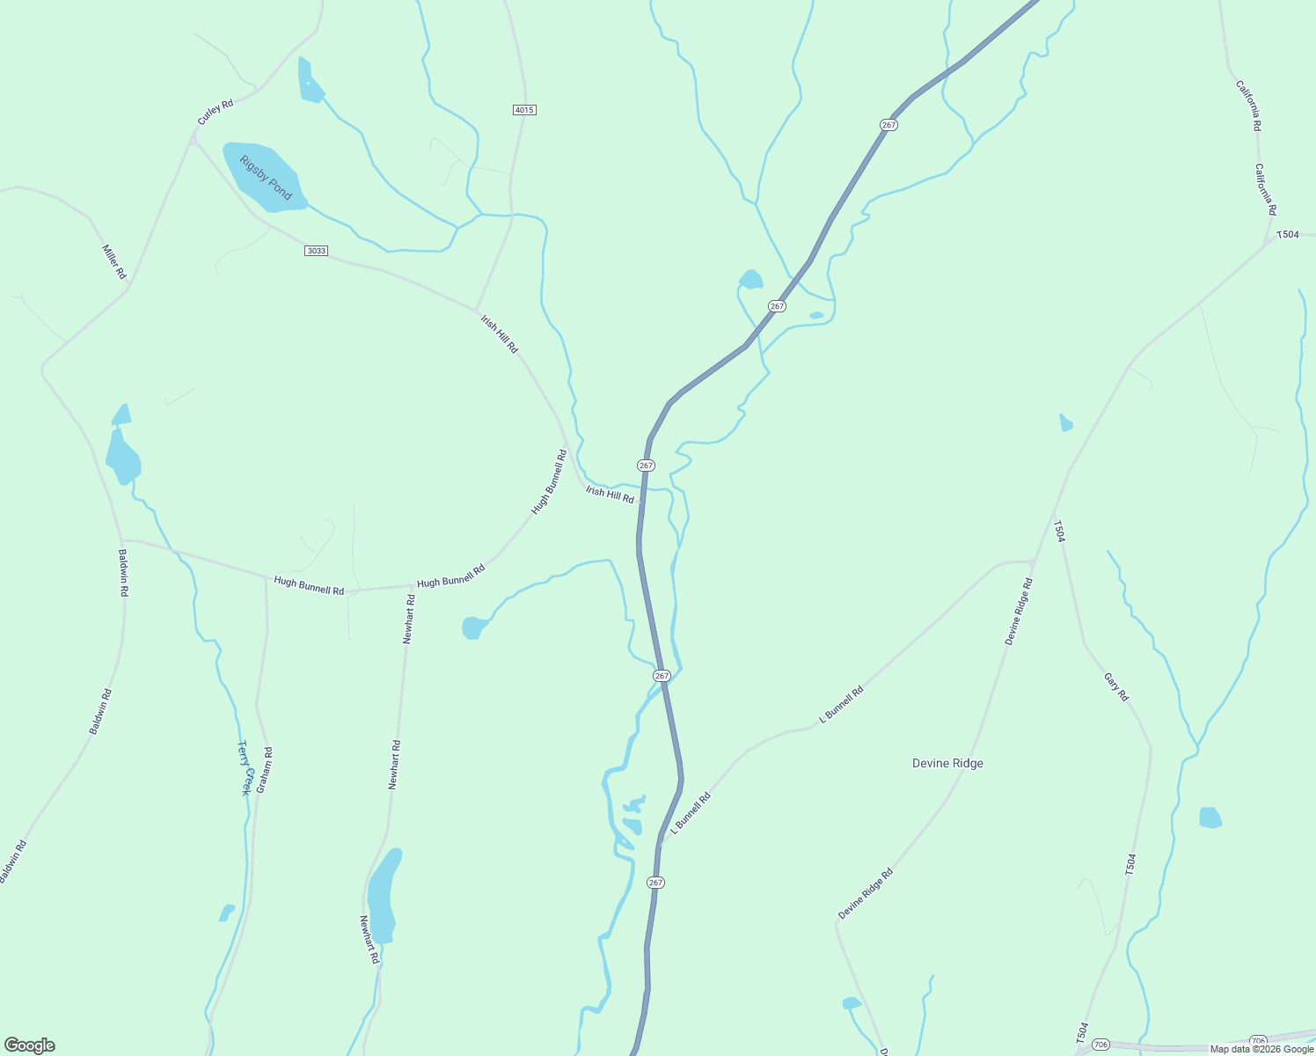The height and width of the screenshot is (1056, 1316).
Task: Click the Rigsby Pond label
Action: point(266,178)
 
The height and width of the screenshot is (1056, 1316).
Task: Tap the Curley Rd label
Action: point(216,112)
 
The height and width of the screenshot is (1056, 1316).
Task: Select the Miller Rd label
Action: point(114,261)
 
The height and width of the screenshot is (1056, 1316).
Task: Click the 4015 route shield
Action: point(524,110)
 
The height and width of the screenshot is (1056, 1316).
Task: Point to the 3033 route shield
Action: point(316,251)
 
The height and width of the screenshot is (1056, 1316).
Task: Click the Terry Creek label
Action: point(245,767)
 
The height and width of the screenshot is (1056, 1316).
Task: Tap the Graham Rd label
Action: point(265,770)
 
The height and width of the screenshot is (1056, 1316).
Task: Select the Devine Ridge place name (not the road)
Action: point(947,763)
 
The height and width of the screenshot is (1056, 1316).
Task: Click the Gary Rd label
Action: point(1116,686)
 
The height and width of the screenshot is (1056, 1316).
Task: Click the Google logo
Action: point(30,1045)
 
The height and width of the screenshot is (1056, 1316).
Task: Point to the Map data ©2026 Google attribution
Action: point(1261,1049)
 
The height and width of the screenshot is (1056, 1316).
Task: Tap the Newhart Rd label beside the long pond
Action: point(369,938)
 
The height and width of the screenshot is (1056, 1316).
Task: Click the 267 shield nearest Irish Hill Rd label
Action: point(647,465)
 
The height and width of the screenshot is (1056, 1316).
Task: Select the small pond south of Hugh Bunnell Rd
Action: point(473,627)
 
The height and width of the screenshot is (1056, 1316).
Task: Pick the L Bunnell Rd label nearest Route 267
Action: point(691,812)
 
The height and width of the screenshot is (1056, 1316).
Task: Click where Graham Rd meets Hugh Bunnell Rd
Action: point(266,578)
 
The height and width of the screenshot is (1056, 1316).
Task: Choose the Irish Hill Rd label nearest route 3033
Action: point(499,334)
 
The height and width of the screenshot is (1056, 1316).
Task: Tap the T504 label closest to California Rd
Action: point(1287,234)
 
